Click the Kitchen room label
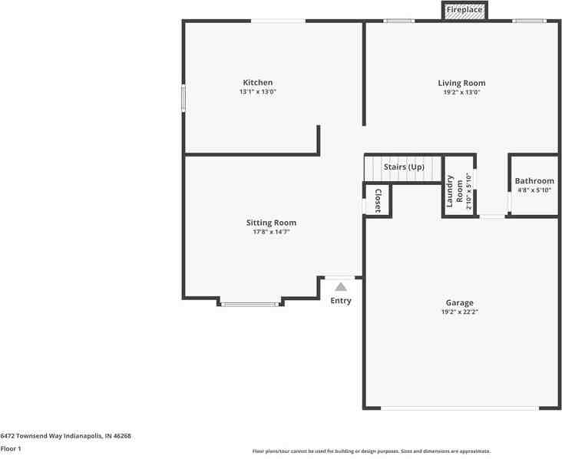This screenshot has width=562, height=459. (257, 83)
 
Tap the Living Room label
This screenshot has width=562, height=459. (461, 83)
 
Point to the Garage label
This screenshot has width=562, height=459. (460, 302)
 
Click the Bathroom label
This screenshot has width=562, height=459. (534, 181)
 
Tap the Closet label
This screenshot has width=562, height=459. (378, 200)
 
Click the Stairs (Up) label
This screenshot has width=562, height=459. (404, 167)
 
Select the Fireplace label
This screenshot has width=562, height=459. (464, 10)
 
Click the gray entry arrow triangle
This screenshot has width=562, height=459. (341, 286)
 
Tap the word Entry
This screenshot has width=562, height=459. (341, 301)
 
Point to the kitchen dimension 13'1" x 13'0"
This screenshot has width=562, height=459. (257, 92)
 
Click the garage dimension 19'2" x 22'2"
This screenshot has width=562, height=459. (460, 312)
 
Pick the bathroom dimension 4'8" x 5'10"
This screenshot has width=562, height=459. (534, 190)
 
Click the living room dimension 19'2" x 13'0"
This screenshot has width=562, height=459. (461, 92)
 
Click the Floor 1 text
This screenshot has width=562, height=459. (11, 448)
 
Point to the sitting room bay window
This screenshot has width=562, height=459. (250, 305)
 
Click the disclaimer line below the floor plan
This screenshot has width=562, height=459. (371, 451)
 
